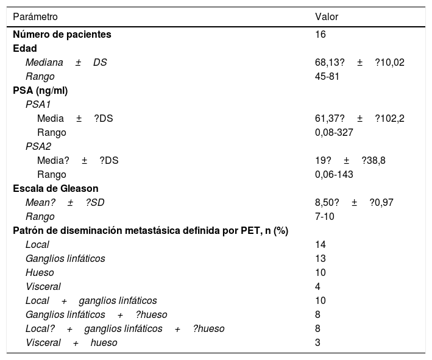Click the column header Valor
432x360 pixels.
click(x=326, y=17)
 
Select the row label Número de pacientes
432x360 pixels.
click(x=62, y=35)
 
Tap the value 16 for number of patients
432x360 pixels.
click(x=320, y=35)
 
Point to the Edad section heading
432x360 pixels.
click(x=25, y=48)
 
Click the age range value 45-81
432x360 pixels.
click(x=327, y=76)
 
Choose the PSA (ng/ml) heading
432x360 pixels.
click(x=40, y=90)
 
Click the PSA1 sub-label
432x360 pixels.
click(x=38, y=104)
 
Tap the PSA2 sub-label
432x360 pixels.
click(x=38, y=146)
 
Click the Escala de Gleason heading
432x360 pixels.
click(x=55, y=188)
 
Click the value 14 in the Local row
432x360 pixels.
click(x=320, y=244)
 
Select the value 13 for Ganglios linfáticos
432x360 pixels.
click(x=320, y=258)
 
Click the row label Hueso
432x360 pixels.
click(x=40, y=272)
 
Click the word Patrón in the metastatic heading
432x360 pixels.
click(x=27, y=230)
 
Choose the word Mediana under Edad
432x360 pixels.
click(x=44, y=62)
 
